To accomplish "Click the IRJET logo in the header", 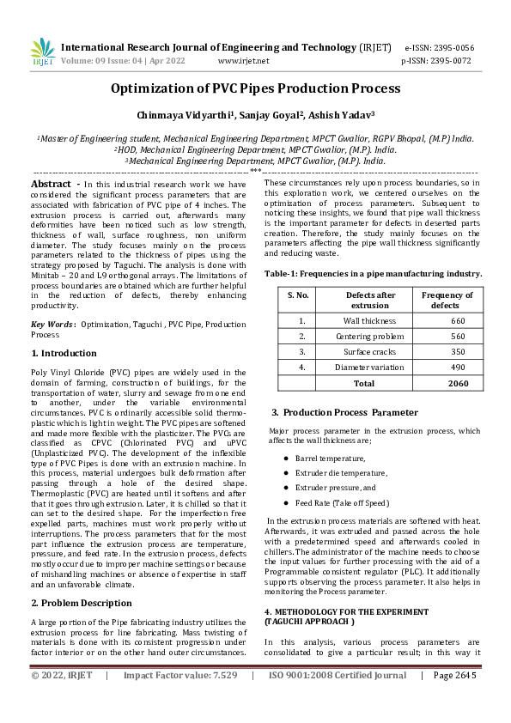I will click(x=43, y=53).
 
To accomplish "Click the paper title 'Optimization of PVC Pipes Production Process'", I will click(x=255, y=88).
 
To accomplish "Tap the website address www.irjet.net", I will click(x=243, y=61).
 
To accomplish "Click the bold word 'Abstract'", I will click(x=51, y=184).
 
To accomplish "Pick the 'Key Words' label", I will click(x=52, y=324).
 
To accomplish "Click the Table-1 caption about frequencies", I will click(x=373, y=273).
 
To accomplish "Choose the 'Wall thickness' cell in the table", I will click(x=369, y=320).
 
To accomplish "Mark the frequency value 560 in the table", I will click(x=457, y=336).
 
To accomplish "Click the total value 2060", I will click(x=458, y=383).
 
